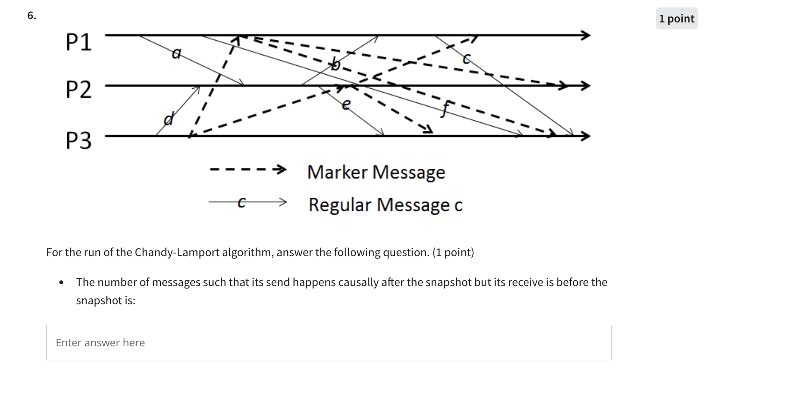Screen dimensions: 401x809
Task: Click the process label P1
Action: point(79,42)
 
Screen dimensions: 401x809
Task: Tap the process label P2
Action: point(79,89)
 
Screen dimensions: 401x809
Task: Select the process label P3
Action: point(79,140)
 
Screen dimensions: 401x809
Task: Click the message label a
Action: point(176,54)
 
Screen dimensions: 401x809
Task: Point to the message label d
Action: point(168,120)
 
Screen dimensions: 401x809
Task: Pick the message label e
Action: point(346,105)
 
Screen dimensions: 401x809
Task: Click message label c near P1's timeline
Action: point(466,59)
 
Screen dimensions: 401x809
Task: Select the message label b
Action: point(335,64)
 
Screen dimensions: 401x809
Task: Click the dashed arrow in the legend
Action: point(248,169)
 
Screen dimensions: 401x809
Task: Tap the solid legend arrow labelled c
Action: point(248,202)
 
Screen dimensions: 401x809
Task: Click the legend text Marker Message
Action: point(376,172)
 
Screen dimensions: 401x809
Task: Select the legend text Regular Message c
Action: point(385,205)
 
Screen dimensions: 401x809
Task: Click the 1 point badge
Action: point(676,19)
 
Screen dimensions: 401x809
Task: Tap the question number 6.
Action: point(31,15)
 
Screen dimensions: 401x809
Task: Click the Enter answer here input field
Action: point(328,343)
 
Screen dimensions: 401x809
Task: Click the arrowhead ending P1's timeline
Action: point(585,35)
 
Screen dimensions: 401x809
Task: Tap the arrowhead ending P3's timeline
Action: point(585,136)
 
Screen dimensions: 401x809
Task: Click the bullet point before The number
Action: point(61,283)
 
